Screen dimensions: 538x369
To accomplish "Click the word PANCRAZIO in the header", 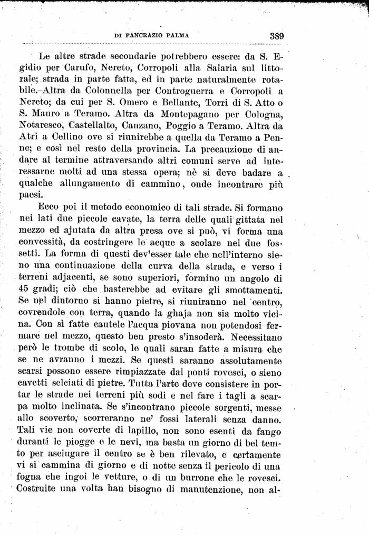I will click(x=145, y=36).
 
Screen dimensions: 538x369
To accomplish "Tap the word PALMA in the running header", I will click(x=177, y=36).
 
